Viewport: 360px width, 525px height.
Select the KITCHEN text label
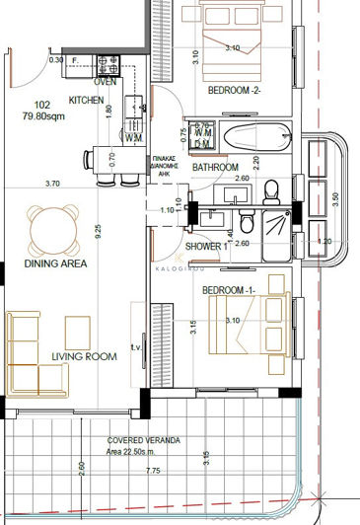coord(87,101)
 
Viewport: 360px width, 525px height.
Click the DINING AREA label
coord(55,263)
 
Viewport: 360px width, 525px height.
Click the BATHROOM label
coord(216,168)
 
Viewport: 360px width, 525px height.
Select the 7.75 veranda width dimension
coord(152,498)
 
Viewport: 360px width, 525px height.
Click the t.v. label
coord(136,355)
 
